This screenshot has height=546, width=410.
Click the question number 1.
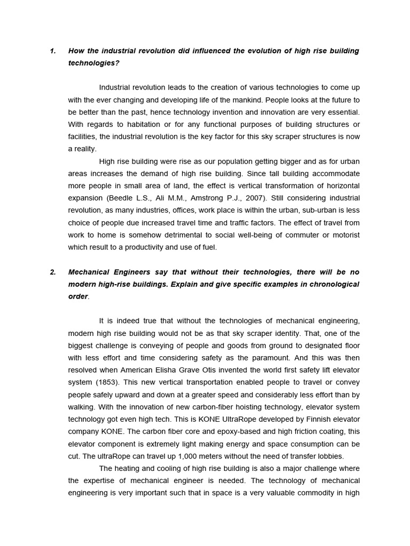pyautogui.click(x=52, y=51)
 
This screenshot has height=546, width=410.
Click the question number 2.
pyautogui.click(x=53, y=272)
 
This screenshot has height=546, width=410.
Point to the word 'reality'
pyautogui.click(x=84, y=149)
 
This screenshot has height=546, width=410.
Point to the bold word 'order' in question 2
pyautogui.click(x=78, y=296)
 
